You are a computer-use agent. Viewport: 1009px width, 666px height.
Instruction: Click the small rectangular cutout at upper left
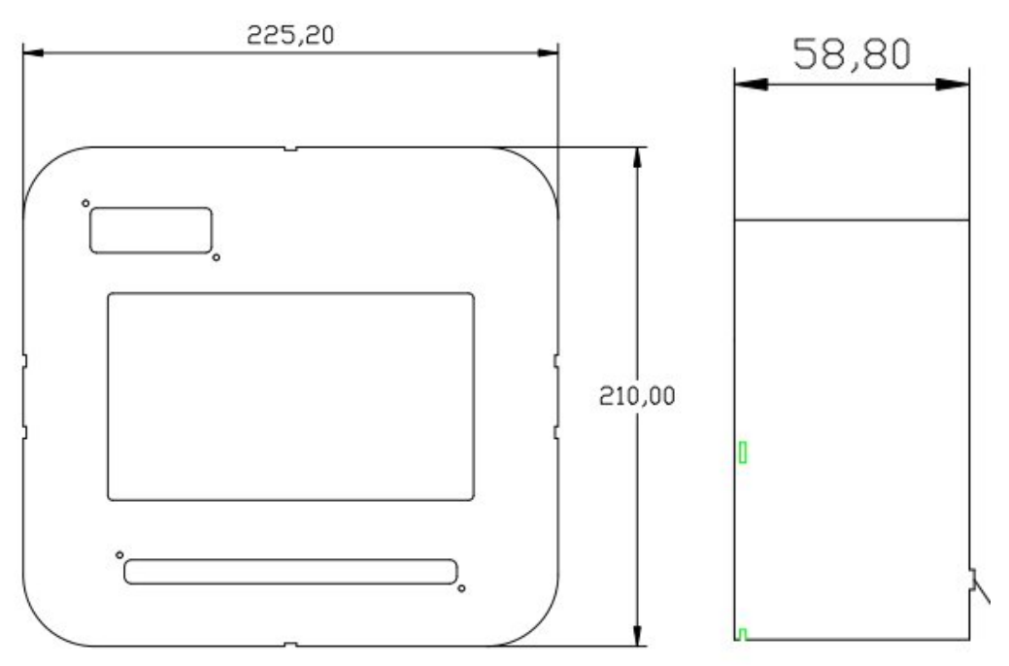pos(151,229)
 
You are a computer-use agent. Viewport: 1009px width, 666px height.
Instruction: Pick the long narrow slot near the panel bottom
pos(290,572)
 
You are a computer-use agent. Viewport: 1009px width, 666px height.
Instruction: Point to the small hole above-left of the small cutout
pos(85,203)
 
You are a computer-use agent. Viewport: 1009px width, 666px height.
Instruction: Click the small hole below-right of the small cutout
pos(216,257)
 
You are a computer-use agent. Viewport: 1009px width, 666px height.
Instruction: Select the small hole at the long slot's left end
pos(119,554)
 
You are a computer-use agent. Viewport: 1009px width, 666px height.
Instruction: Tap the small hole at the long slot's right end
pos(461,588)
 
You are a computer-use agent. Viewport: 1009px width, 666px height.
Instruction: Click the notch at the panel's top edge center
pos(290,149)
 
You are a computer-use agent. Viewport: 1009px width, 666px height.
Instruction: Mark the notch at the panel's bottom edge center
pos(290,644)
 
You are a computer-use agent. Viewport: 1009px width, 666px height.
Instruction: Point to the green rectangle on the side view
pos(743,451)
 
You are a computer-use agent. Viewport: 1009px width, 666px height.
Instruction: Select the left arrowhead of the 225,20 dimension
pos(35,53)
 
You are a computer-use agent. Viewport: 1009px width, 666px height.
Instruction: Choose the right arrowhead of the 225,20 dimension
pos(547,53)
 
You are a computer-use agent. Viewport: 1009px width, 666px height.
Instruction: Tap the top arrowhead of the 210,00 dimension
pos(637,160)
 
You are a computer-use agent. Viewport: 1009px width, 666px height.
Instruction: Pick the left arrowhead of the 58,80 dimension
pos(749,85)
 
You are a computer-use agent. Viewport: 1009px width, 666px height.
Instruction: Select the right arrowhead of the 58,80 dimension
pos(955,85)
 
